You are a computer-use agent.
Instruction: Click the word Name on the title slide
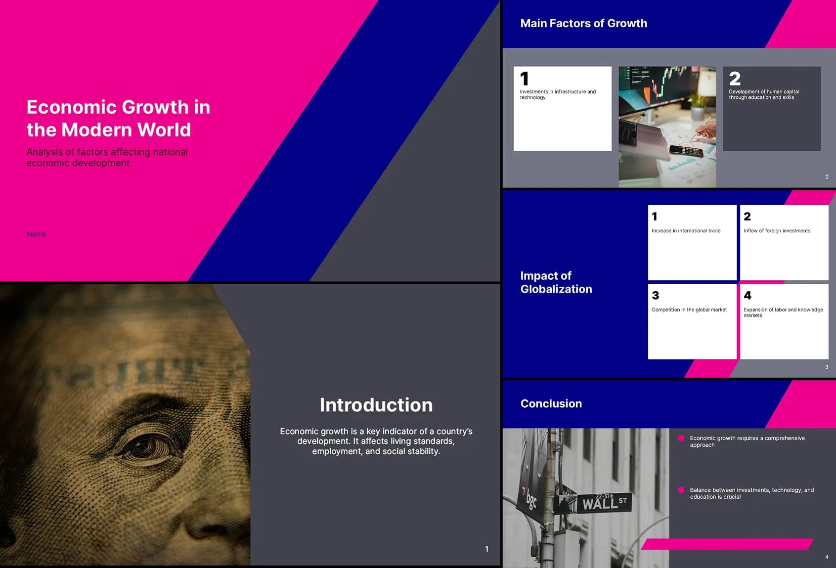coord(36,234)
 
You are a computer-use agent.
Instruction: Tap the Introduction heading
coord(376,405)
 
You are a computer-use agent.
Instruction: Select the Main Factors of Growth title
coord(584,23)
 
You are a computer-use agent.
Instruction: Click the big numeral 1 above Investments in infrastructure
coord(525,79)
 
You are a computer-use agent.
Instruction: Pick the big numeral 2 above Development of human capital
coord(735,79)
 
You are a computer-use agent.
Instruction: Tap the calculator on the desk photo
coord(686,151)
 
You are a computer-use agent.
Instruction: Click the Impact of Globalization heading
coord(556,282)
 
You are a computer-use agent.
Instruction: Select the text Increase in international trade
coord(686,231)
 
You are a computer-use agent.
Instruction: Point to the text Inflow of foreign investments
coord(777,231)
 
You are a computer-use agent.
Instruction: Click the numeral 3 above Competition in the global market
coord(656,295)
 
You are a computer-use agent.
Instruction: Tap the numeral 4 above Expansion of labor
coord(748,295)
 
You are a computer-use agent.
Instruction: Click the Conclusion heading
coord(551,403)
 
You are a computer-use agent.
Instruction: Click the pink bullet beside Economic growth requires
coord(681,438)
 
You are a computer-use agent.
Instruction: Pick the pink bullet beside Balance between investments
coord(681,490)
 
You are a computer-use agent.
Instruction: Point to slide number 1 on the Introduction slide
coord(486,549)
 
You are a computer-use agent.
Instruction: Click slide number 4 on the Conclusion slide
coord(827,557)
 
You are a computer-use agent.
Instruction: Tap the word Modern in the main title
coord(97,130)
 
